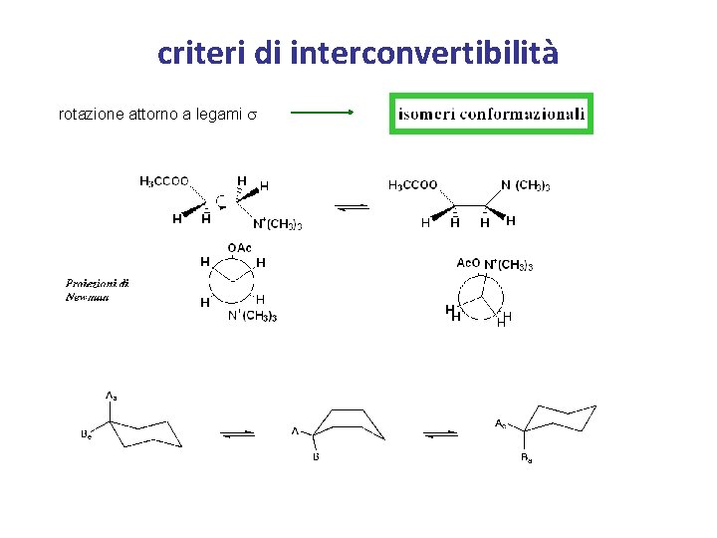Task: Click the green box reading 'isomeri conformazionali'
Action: click(492, 114)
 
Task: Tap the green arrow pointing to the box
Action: click(322, 114)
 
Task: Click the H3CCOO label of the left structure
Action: click(164, 181)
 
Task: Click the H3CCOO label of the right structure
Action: click(411, 185)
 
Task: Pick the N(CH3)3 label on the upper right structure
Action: click(526, 185)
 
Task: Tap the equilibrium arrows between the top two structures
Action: click(354, 207)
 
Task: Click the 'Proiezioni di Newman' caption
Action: click(97, 290)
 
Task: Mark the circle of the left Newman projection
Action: click(232, 281)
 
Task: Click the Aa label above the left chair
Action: click(111, 397)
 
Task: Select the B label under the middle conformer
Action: click(316, 458)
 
